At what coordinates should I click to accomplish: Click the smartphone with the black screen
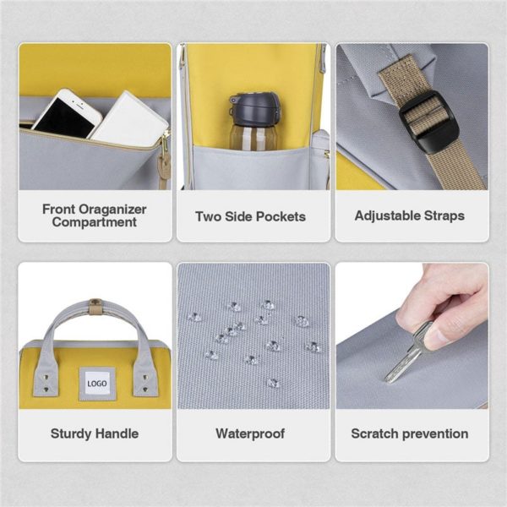pos(66,114)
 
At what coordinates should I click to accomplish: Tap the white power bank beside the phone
pos(130,119)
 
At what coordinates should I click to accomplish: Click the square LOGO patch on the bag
pos(97,384)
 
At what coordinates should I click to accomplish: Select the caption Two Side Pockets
pos(251,216)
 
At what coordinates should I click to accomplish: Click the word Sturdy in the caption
pos(70,434)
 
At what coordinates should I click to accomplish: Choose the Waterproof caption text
pos(250,433)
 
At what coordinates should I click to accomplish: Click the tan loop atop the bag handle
pos(95,307)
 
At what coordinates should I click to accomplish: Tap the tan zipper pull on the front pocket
pos(165,168)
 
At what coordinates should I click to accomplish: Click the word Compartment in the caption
pos(95,222)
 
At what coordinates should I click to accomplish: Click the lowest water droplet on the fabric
pos(272,383)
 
